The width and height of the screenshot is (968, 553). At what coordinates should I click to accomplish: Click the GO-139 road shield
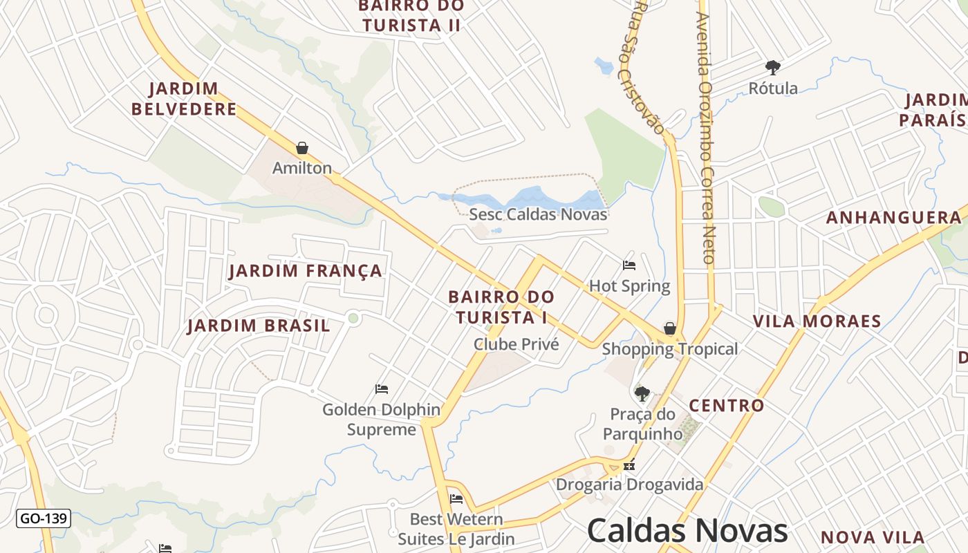tap(44, 518)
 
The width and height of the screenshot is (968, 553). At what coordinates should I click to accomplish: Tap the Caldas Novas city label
tap(687, 531)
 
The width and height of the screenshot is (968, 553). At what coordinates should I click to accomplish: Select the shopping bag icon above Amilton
tap(301, 148)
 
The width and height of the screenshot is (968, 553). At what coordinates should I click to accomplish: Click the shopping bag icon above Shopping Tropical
tap(669, 328)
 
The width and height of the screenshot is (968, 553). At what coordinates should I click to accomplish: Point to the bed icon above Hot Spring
tap(629, 265)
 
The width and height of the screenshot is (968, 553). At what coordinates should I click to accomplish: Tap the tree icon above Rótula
tap(773, 68)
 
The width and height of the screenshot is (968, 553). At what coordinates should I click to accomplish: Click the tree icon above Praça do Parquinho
tap(642, 394)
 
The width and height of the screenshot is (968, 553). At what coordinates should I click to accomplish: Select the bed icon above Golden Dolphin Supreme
tap(381, 389)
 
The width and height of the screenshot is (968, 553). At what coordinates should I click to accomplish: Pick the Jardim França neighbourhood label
tap(306, 271)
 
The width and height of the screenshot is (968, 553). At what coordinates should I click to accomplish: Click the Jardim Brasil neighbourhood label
tap(259, 326)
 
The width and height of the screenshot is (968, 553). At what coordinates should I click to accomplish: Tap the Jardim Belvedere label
tap(184, 99)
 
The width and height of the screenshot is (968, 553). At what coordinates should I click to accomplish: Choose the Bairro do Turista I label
tap(501, 307)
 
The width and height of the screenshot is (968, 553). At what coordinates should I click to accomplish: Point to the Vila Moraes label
tap(817, 321)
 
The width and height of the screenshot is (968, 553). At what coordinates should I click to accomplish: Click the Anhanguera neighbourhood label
tap(894, 218)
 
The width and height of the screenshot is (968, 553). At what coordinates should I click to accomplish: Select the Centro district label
tap(727, 406)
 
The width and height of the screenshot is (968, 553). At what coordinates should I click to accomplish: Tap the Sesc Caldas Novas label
tap(538, 214)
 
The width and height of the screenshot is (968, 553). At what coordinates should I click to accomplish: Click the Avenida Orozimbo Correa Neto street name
tap(705, 138)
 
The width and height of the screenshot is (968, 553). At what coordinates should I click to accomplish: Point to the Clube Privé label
tap(516, 344)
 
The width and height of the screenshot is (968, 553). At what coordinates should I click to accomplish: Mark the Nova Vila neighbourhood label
tap(873, 537)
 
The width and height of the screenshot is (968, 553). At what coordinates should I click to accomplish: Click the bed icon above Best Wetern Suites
tap(456, 499)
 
